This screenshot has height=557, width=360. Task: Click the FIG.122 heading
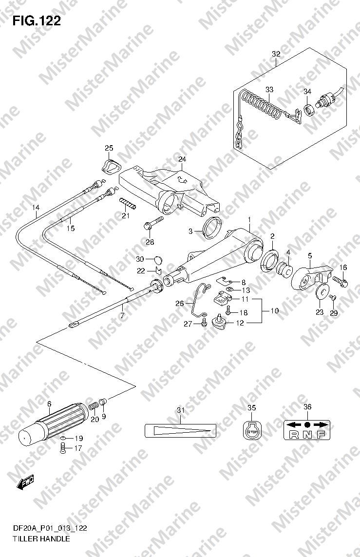(37, 21)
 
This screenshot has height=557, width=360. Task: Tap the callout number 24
(182, 159)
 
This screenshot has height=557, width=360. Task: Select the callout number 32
(276, 54)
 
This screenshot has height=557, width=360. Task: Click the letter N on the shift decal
(307, 434)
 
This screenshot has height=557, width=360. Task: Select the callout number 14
(36, 208)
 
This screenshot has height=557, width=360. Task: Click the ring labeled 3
(212, 226)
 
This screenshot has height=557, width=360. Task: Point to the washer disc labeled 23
(322, 291)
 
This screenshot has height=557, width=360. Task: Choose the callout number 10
(274, 311)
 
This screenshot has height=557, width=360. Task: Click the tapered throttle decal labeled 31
(180, 430)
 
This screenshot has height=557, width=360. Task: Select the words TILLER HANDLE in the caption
(41, 539)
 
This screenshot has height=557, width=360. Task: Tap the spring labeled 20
(94, 405)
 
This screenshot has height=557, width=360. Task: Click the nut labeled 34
(309, 110)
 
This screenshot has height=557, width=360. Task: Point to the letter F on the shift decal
(321, 434)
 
